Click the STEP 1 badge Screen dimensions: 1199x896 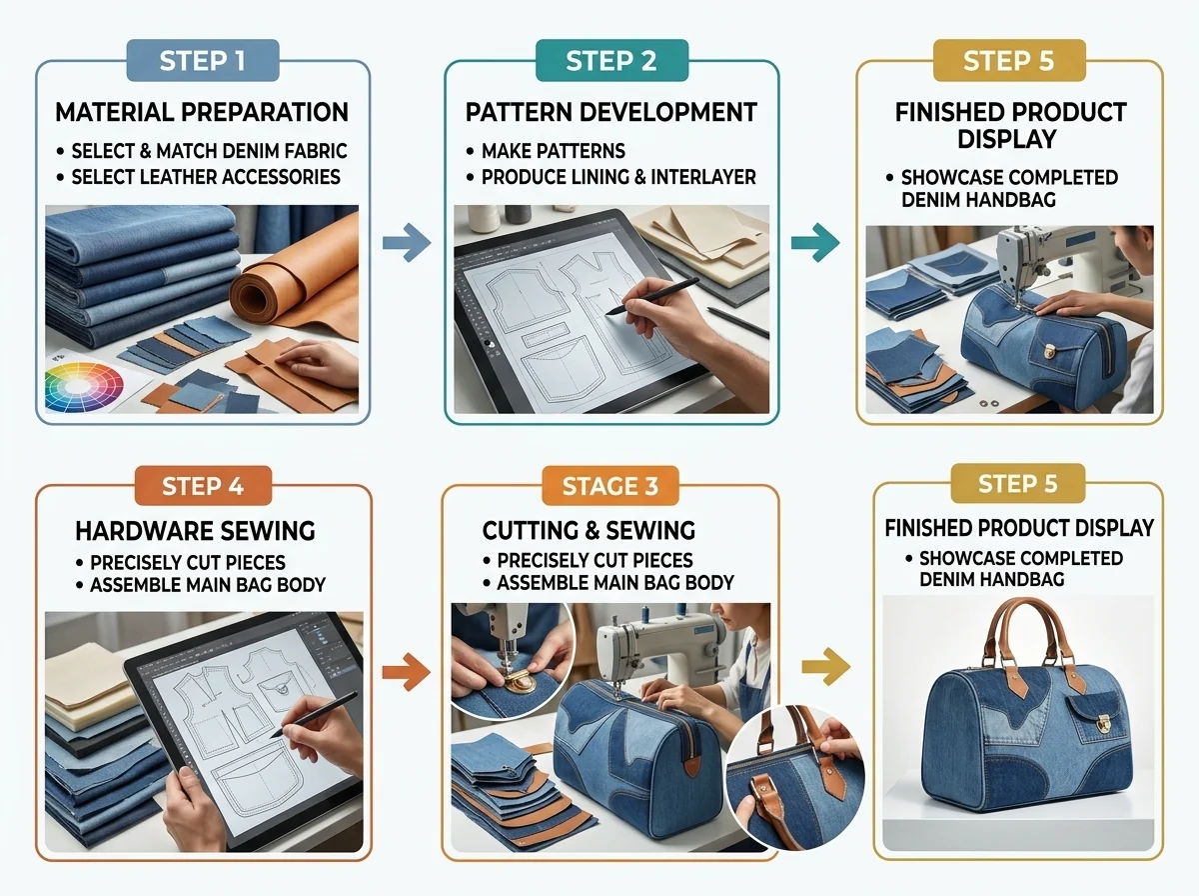(x=203, y=60)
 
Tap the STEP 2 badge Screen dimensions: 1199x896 (x=611, y=60)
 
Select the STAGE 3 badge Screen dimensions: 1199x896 (x=610, y=485)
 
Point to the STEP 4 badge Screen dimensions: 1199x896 (x=203, y=485)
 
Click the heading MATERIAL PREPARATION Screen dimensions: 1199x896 (x=202, y=112)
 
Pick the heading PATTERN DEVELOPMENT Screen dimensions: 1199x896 (x=611, y=112)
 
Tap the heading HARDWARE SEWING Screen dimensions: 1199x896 (x=195, y=531)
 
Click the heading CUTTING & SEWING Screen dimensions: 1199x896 (x=589, y=530)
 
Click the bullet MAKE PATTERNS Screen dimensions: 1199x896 (x=546, y=151)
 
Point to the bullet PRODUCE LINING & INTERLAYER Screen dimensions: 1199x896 (x=610, y=177)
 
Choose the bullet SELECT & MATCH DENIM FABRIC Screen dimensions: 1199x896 (x=202, y=151)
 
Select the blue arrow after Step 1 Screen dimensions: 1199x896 (x=407, y=242)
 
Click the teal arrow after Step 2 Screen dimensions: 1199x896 (x=815, y=242)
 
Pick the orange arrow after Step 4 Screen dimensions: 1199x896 (x=406, y=672)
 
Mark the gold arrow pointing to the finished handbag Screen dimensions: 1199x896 (x=826, y=666)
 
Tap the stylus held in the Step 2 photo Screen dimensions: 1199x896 (x=652, y=296)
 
